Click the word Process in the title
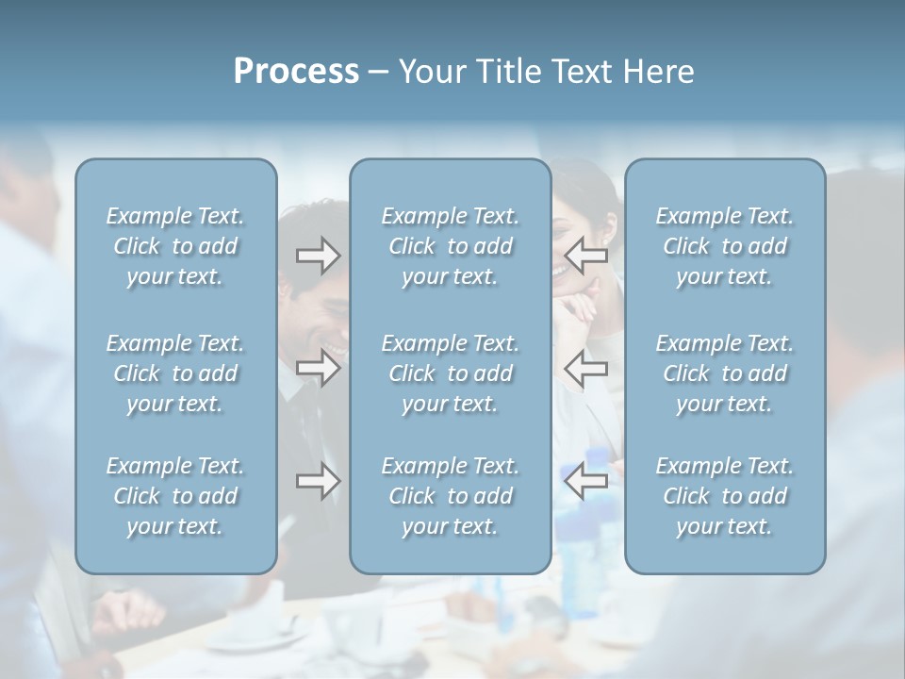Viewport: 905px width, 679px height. tap(295, 72)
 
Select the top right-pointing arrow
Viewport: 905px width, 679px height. tap(318, 256)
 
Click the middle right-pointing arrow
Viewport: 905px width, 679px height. tap(318, 367)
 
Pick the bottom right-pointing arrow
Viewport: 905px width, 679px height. tap(318, 481)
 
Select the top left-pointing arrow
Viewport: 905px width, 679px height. tap(586, 256)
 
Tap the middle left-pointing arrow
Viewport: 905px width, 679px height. tap(586, 367)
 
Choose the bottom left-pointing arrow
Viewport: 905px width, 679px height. tap(586, 481)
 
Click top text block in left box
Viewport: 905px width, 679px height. tap(175, 246)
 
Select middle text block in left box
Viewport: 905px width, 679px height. tap(175, 373)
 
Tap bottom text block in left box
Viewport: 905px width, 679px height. tap(175, 496)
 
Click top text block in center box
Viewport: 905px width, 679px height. tap(450, 246)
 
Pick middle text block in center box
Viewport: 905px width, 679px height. tap(450, 373)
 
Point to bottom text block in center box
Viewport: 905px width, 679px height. tap(450, 496)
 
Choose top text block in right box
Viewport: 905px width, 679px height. tap(724, 246)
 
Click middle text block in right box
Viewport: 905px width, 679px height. tap(724, 373)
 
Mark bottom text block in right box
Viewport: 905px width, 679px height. tap(724, 496)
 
